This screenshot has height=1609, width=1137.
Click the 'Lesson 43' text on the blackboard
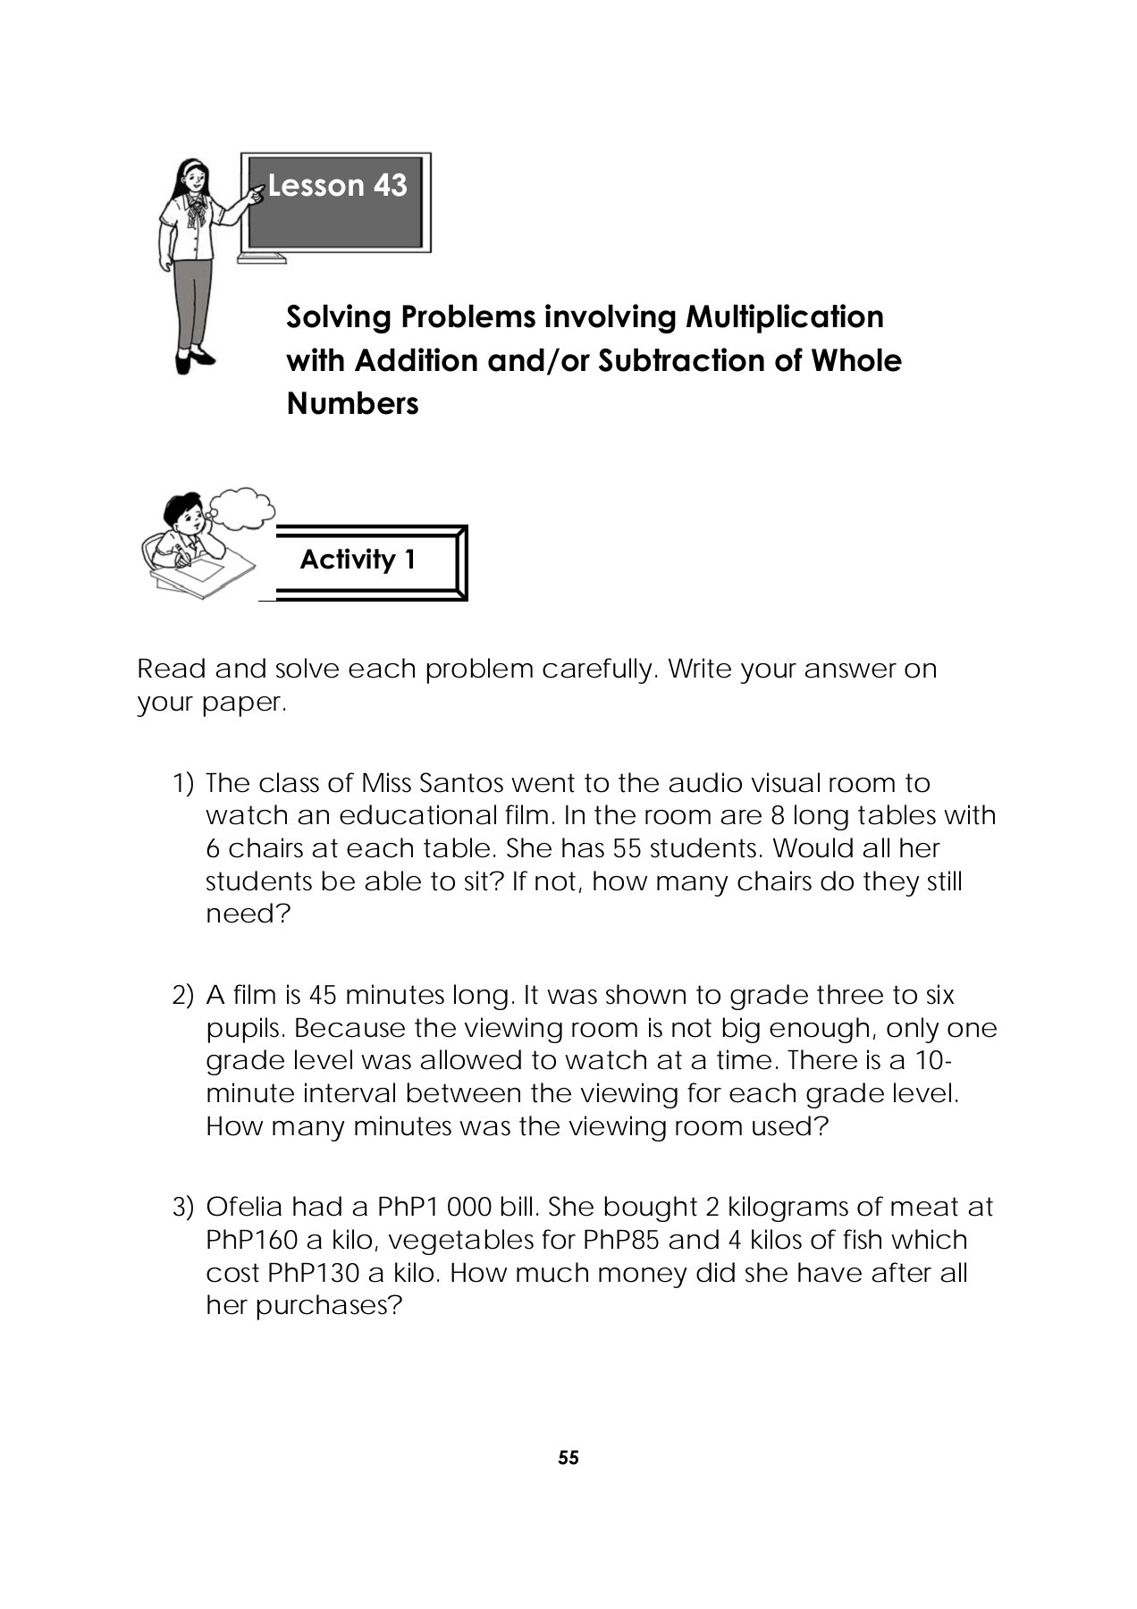337,186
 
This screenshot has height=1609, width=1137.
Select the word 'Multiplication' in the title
784,316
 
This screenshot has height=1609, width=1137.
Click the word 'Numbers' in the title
352,404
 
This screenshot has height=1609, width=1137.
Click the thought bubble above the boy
242,508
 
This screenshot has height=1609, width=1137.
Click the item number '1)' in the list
182,784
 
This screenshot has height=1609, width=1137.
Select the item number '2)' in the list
182,996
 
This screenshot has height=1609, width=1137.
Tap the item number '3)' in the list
182,1208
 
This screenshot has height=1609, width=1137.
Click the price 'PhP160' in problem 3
251,1241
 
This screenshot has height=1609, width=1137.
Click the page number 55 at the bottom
568,1458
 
